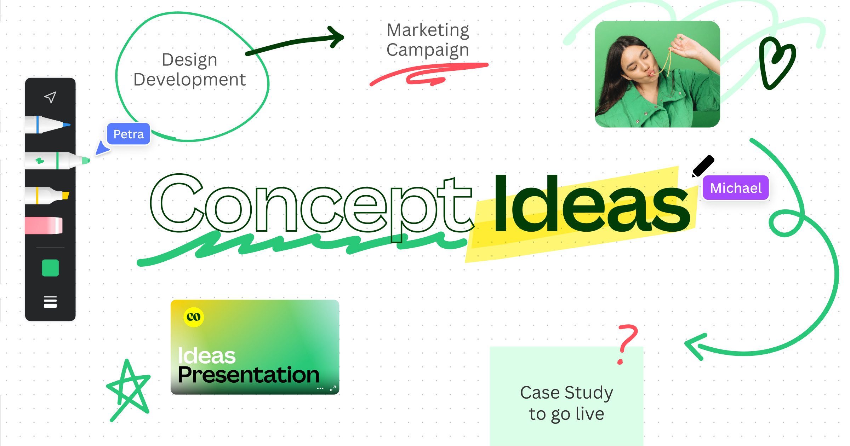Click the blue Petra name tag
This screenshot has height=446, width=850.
(129, 134)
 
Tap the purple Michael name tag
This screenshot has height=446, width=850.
(736, 188)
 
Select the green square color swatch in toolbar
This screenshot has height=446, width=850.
(50, 268)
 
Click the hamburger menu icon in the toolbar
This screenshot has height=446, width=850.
(50, 302)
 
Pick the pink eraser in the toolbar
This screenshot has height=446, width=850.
(44, 225)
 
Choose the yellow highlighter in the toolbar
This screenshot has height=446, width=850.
(47, 196)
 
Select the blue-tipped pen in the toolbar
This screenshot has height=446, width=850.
(48, 124)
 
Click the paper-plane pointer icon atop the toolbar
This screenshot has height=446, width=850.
(50, 97)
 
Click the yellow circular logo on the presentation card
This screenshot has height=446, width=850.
(194, 317)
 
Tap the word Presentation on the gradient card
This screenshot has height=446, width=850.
(249, 375)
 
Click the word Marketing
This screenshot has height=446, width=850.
(428, 30)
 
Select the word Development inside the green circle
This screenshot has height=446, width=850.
(189, 80)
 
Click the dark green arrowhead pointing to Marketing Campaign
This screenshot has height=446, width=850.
(336, 37)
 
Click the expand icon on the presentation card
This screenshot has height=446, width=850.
(333, 388)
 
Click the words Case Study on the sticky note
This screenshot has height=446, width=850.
(566, 393)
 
